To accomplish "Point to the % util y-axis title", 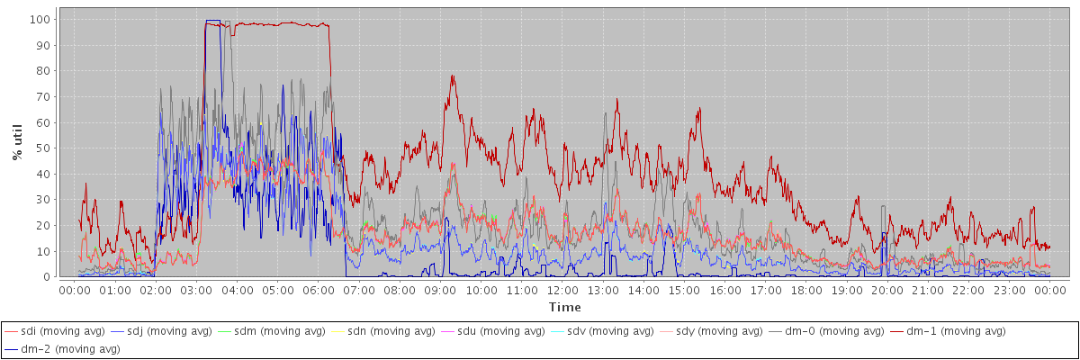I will click(x=17, y=143).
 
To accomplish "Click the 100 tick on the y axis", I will click(x=39, y=19).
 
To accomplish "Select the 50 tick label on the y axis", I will click(x=42, y=148).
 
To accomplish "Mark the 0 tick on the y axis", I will click(x=46, y=277).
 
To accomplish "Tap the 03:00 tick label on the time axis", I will click(x=196, y=290).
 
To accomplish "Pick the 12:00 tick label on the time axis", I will click(x=562, y=290).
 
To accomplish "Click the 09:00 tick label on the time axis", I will click(x=440, y=290).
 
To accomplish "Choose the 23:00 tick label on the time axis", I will click(x=1010, y=290).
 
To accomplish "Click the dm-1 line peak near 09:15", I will click(x=452, y=76).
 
